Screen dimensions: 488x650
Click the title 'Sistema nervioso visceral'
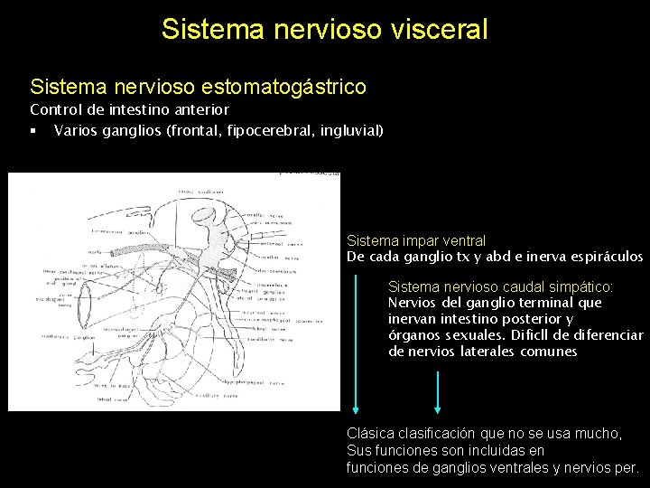(325, 29)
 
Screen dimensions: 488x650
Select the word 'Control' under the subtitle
(53, 110)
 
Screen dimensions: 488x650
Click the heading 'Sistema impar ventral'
(416, 241)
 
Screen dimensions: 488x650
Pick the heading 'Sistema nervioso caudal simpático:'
(499, 286)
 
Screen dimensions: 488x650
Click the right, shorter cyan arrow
(438, 393)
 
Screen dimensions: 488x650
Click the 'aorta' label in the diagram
(93, 252)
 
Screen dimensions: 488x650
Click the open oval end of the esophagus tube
(87, 304)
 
